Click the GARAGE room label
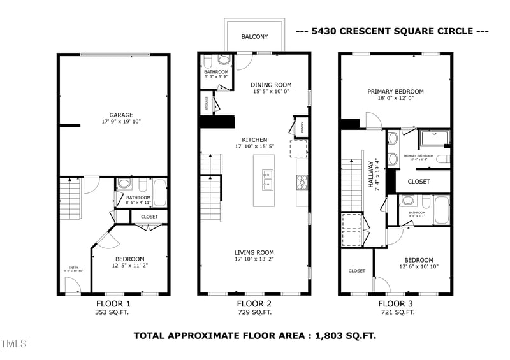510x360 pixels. coord(120,115)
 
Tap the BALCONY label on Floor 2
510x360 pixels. coord(254,37)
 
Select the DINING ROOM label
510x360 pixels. coord(271,85)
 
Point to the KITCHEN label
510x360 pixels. coord(254,140)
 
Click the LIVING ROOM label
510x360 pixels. coord(254,252)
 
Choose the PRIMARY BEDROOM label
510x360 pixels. coord(395,92)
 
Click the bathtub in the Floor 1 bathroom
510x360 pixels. coord(159,192)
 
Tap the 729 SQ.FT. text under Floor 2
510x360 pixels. coord(254,313)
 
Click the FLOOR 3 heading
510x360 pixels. coord(396,304)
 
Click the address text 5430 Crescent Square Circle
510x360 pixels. coord(391,31)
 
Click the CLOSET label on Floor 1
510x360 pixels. coord(149,217)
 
